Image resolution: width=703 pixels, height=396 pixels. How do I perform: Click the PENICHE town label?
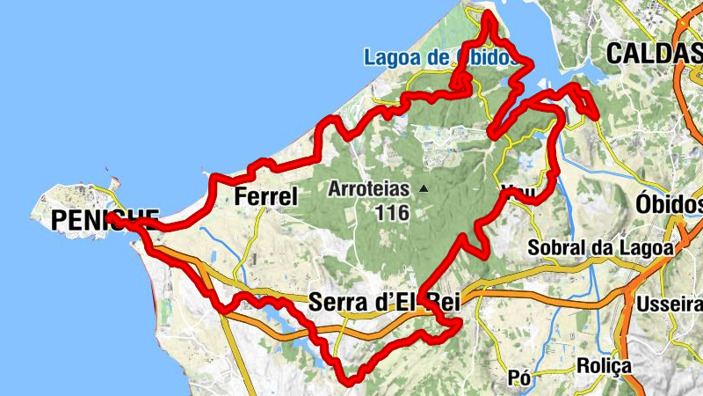105,220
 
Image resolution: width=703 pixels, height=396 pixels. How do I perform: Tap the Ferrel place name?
267,197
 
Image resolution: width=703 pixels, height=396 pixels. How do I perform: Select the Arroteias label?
369,188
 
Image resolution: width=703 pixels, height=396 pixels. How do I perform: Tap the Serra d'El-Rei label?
373,304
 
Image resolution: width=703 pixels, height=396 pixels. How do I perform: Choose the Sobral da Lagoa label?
600,248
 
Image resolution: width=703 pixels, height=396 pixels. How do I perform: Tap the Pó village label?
520,378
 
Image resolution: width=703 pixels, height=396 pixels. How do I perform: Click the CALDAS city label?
654,53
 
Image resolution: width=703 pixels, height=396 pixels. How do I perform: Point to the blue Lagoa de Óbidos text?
437,58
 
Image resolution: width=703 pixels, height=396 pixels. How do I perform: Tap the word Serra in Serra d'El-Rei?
334,304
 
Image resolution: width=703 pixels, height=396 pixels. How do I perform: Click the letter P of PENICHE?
60,220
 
